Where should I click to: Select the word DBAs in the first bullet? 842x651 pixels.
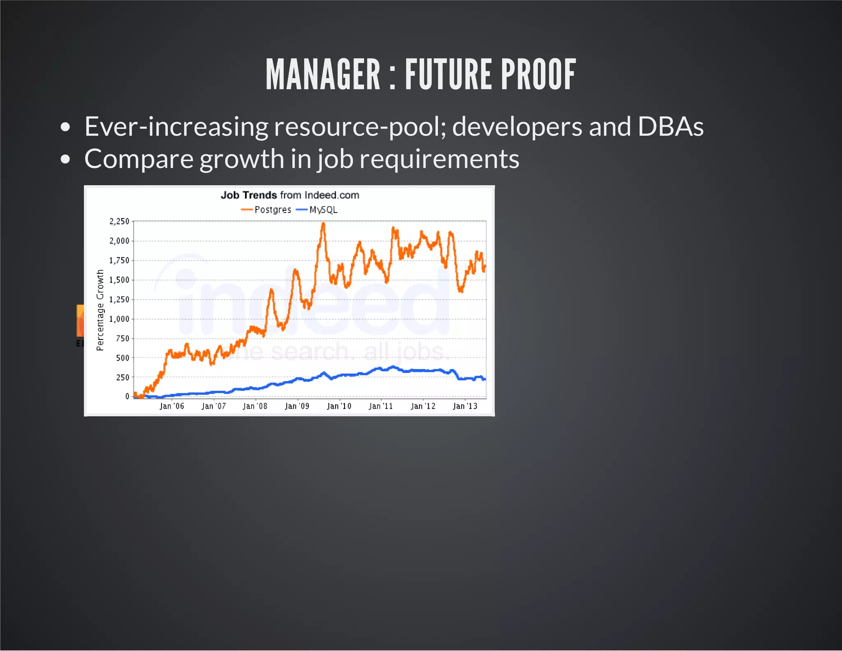[x=671, y=126]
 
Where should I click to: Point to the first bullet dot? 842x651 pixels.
[x=65, y=127]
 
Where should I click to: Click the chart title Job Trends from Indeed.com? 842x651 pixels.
[x=290, y=195]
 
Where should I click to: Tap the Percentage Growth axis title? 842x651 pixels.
[x=100, y=310]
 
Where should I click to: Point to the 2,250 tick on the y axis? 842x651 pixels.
[x=119, y=221]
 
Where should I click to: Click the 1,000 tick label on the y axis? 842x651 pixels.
[x=119, y=319]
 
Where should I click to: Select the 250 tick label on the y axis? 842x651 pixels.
[x=123, y=377]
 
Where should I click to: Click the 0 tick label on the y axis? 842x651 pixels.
[x=127, y=396]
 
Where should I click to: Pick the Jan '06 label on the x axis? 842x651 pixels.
[x=172, y=406]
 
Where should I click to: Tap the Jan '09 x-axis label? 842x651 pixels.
[x=297, y=406]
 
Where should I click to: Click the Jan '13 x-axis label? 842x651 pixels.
[x=465, y=406]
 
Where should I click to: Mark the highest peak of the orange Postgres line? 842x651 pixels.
[x=323, y=224]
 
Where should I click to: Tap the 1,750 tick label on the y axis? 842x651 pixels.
[x=119, y=260]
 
